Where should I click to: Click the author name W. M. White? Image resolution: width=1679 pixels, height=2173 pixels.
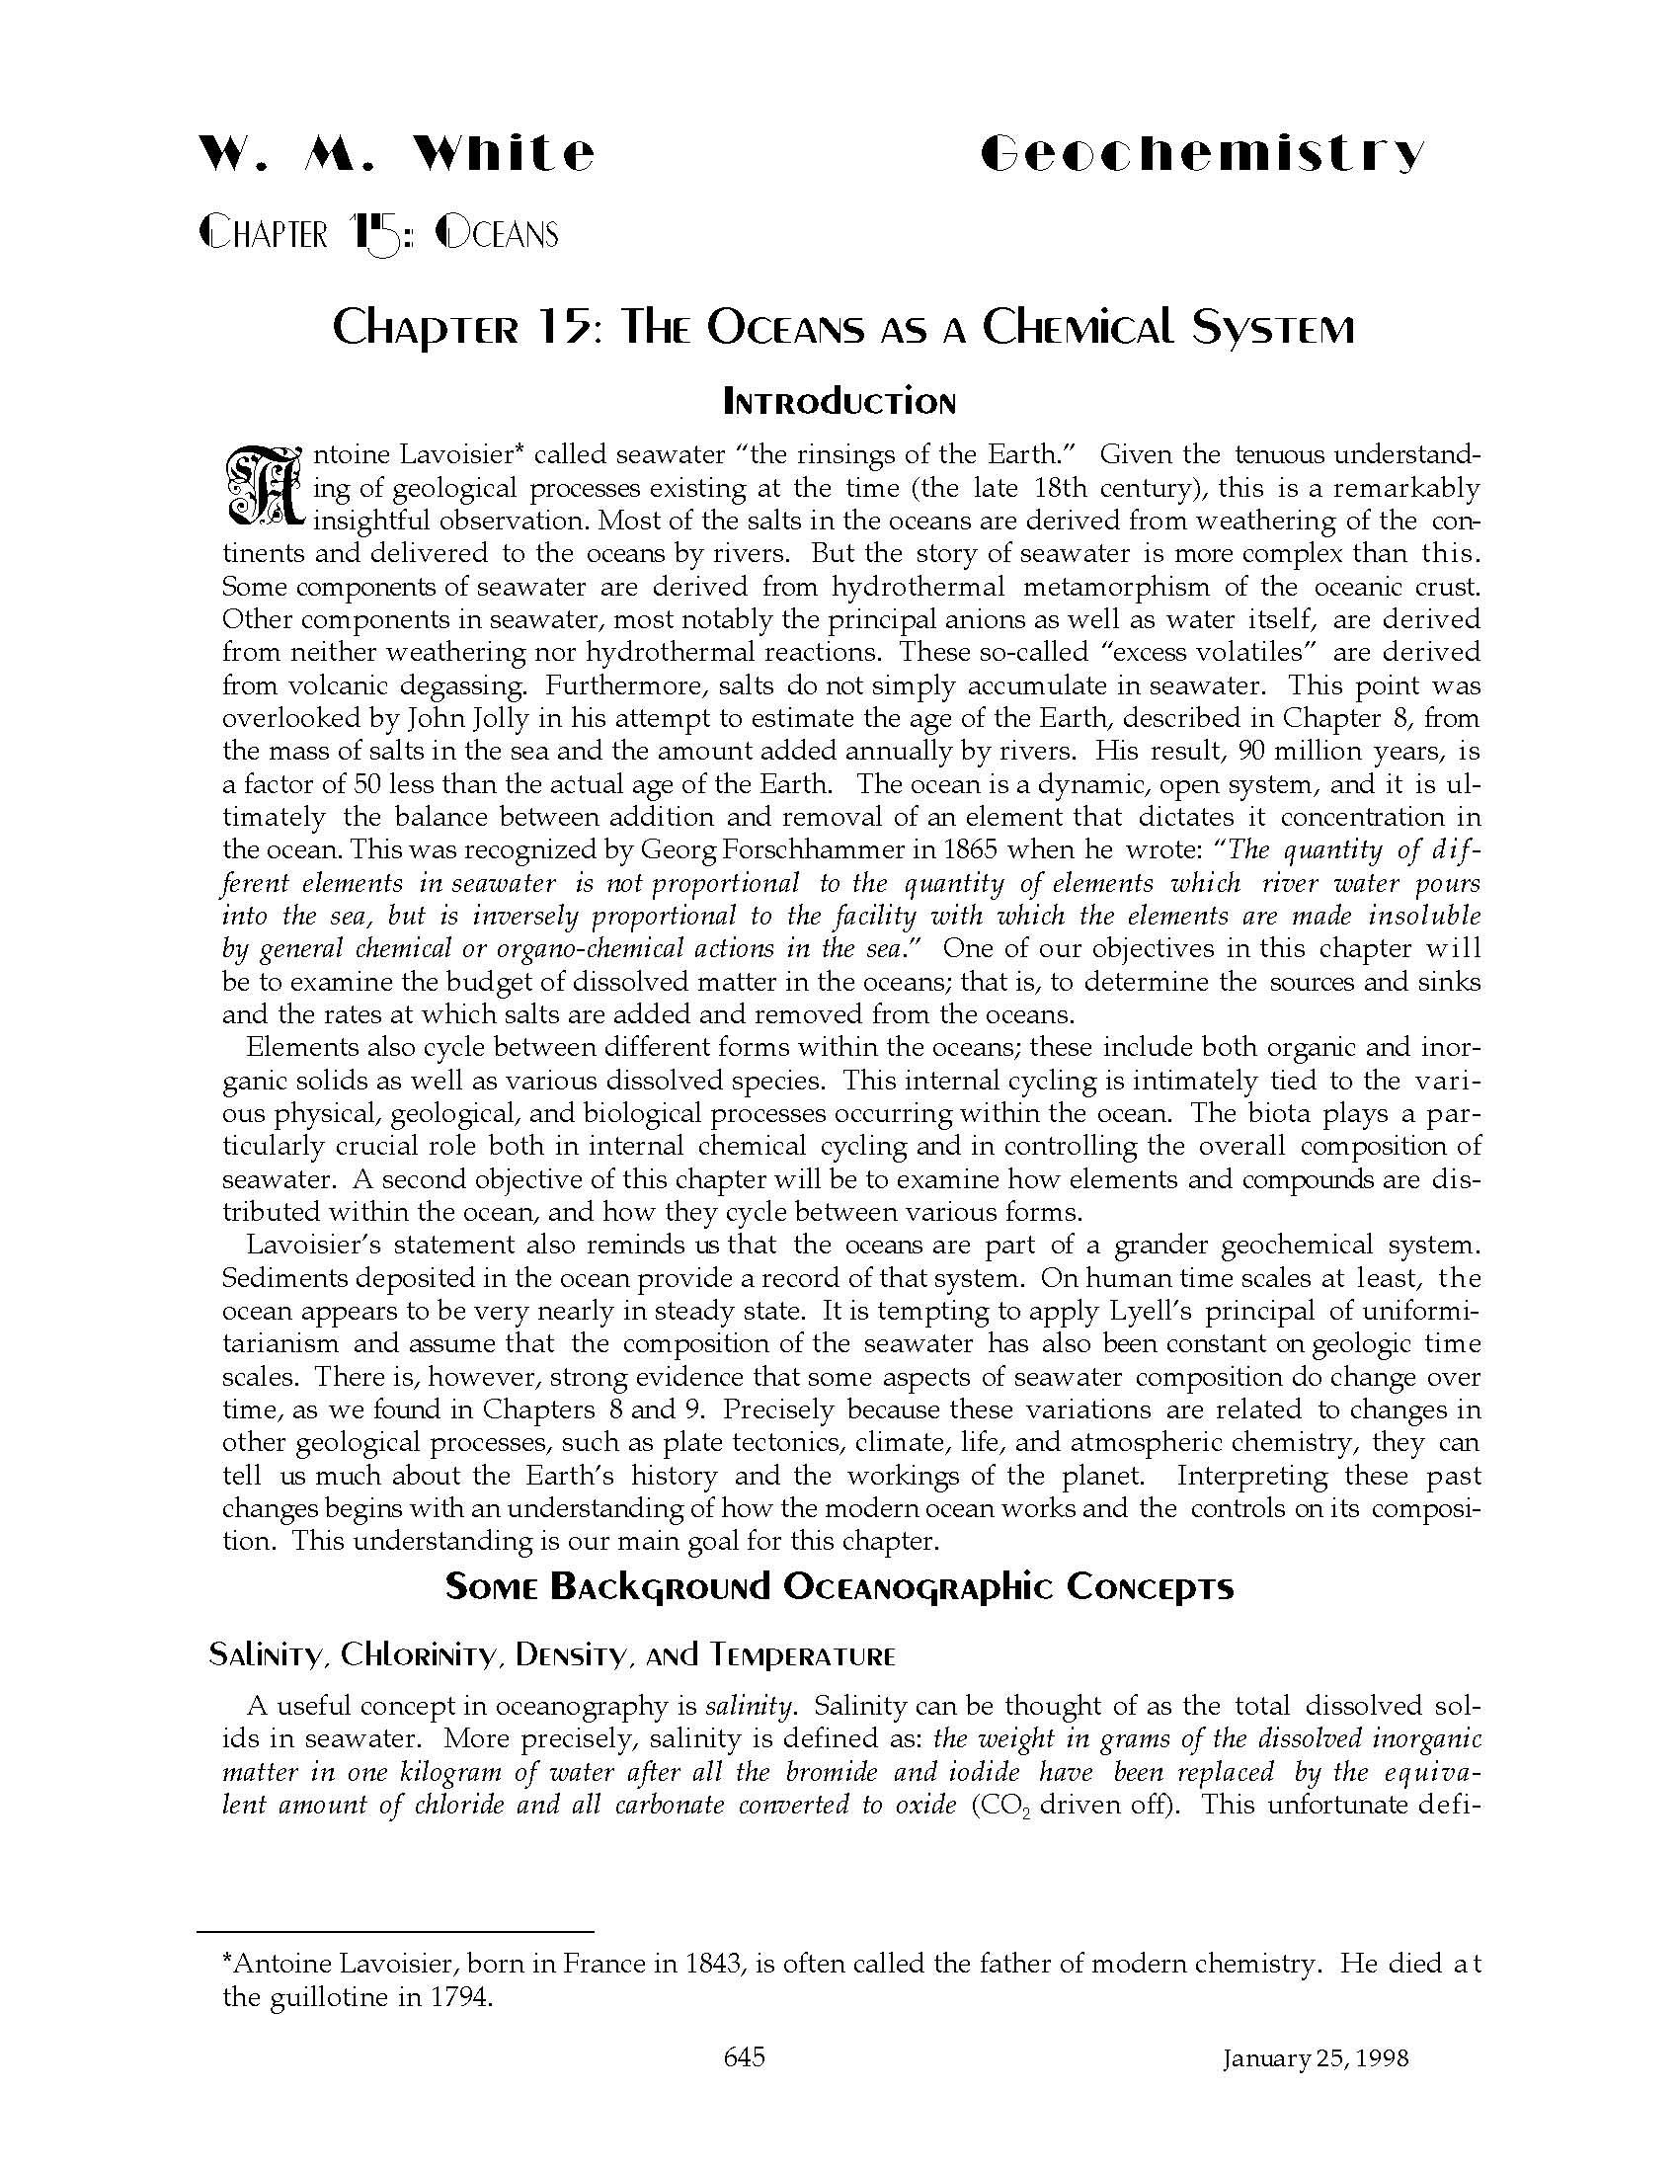(397, 154)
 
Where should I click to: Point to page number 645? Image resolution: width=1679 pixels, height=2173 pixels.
(745, 2056)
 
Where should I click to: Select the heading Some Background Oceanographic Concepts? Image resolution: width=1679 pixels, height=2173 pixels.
(839, 1586)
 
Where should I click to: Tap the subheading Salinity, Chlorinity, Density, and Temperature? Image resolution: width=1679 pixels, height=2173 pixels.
(552, 1654)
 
